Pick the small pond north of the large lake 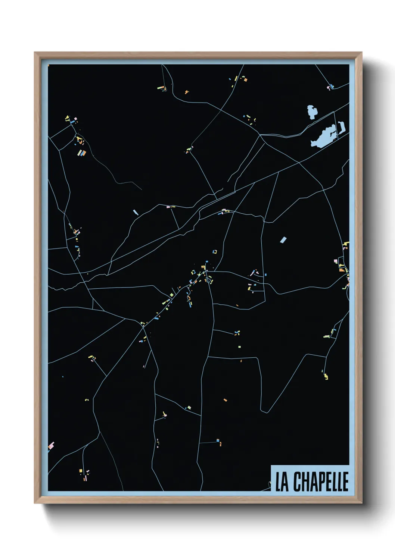312,112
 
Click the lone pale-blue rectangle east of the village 283,239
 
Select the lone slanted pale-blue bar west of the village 136,212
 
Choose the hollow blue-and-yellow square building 215,252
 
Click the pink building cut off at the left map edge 51,445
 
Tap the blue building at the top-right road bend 332,87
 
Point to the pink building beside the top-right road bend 329,88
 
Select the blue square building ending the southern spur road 218,440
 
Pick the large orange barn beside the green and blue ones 84,153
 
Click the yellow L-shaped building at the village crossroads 203,267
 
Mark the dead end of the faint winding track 141,189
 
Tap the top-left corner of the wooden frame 35,53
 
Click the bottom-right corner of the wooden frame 361,503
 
